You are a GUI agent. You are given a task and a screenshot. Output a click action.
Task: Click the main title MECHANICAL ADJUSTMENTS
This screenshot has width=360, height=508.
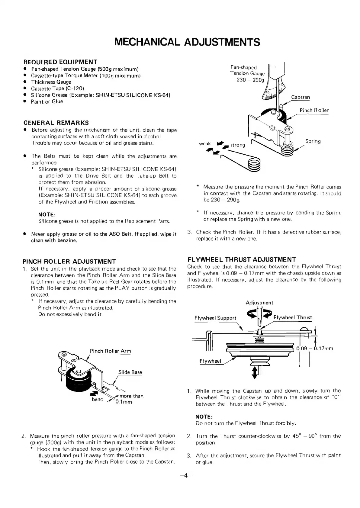coord(187,42)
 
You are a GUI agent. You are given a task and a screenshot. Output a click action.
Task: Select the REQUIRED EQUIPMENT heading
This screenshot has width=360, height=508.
coord(60,62)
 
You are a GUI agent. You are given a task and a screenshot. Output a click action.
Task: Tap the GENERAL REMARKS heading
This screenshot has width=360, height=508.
coord(56,123)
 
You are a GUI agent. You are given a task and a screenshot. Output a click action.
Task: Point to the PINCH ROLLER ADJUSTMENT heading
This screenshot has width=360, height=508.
coord(69,261)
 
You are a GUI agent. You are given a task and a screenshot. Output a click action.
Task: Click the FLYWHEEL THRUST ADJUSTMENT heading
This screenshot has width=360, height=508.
coord(242,259)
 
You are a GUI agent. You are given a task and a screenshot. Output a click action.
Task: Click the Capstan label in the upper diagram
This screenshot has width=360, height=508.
coord(301,97)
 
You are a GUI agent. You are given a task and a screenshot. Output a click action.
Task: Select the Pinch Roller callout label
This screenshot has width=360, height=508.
coord(314,110)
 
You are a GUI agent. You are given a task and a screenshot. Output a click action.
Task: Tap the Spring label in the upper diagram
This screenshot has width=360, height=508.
coord(313,141)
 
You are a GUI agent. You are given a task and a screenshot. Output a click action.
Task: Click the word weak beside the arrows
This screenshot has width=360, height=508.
coord(205,144)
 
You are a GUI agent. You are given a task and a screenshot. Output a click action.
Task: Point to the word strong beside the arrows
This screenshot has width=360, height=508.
coord(238,145)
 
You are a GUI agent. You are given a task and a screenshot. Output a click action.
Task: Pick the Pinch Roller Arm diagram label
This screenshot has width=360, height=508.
coord(111,351)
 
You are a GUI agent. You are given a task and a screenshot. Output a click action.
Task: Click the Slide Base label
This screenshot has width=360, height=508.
coord(130,372)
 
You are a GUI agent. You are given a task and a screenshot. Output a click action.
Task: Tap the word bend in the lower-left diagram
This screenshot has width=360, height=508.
coord(98,399)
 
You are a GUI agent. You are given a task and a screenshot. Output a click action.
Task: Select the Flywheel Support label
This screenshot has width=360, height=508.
coord(215,318)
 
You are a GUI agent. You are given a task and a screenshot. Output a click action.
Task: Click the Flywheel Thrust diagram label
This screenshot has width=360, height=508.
coord(293,317)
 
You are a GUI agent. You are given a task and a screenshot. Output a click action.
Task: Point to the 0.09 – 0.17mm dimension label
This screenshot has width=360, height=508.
coord(315,348)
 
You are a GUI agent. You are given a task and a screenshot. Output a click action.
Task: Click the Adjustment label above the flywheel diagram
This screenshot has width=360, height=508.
coord(259,303)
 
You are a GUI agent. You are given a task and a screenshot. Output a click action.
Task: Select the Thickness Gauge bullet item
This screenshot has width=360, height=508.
coord(51,82)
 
